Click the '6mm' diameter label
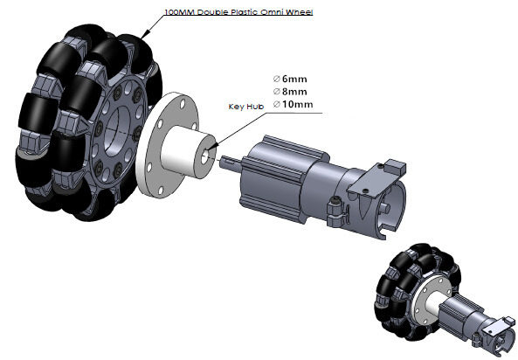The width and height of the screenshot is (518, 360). pyautogui.click(x=294, y=79)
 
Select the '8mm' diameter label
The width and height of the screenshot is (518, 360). pyautogui.click(x=294, y=92)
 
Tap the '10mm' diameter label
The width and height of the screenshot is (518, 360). pyautogui.click(x=297, y=104)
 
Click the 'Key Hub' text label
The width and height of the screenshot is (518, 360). pyautogui.click(x=246, y=107)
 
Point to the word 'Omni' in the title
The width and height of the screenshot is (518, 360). pyautogui.click(x=273, y=12)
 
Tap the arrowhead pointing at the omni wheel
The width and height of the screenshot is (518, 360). pyautogui.click(x=146, y=33)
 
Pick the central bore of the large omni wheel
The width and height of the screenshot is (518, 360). pyautogui.click(x=117, y=131)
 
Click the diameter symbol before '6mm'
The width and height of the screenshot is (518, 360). pyautogui.click(x=277, y=79)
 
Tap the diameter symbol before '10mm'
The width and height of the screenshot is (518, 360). pyautogui.click(x=277, y=104)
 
